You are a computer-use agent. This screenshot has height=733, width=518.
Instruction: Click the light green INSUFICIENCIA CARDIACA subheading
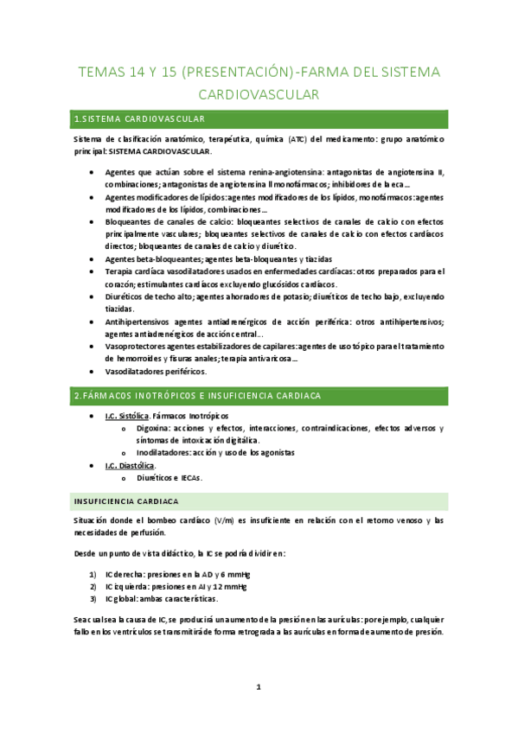pyautogui.click(x=126, y=501)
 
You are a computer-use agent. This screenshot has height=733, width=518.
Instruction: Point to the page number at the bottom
pyautogui.click(x=259, y=687)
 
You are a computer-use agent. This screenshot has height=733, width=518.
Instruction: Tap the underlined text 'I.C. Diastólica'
pyautogui.click(x=131, y=465)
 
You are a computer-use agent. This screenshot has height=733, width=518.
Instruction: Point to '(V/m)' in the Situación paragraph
pyautogui.click(x=226, y=519)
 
